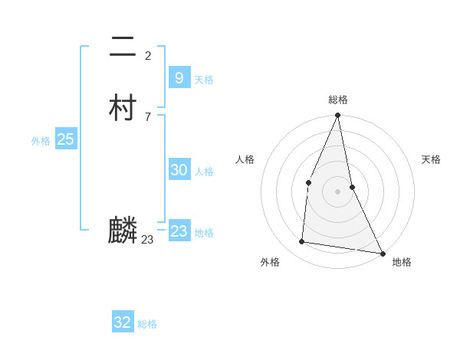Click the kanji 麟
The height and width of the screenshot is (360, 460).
tap(123, 230)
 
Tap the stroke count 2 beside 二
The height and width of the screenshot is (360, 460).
tap(147, 55)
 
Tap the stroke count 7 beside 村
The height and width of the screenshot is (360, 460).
tap(147, 116)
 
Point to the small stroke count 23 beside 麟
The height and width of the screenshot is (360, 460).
tap(148, 240)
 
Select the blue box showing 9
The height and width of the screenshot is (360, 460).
tap(179, 77)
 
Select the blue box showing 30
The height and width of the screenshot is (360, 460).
tap(179, 170)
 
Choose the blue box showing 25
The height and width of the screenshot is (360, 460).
tap(65, 139)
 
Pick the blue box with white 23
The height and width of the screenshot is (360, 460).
tap(179, 231)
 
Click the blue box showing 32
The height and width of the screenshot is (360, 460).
tap(123, 322)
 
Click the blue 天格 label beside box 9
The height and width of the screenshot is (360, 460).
tap(204, 80)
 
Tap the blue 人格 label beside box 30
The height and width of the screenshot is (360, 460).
tap(204, 172)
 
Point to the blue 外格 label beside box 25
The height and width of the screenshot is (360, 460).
tap(41, 141)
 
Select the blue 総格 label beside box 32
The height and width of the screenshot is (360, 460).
tap(147, 324)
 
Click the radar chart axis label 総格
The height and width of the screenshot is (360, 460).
tap(338, 100)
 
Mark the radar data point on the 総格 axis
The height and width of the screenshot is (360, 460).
tap(337, 116)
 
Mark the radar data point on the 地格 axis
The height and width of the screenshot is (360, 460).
tap(383, 253)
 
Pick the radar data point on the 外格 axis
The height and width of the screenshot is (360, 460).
tap(302, 242)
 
